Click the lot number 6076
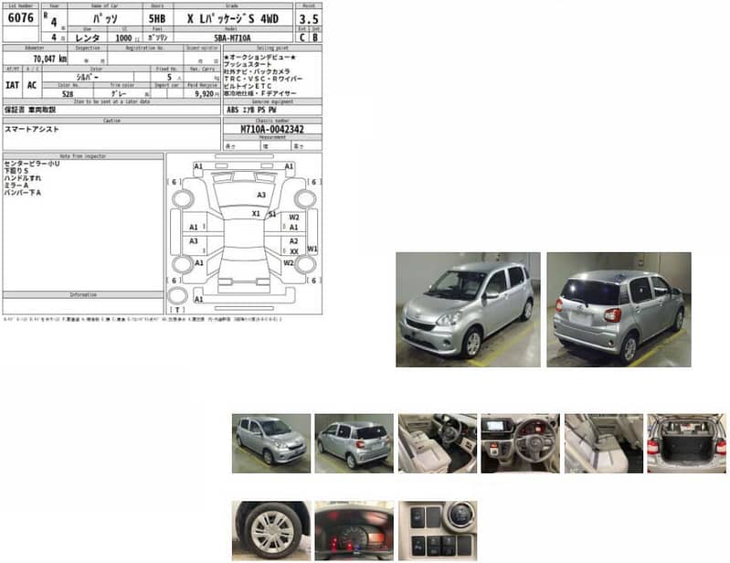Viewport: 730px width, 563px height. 19,17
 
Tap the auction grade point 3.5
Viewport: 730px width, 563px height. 309,17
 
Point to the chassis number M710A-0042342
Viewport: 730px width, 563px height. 272,130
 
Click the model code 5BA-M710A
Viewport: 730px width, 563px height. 233,37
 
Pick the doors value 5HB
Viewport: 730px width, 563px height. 156,17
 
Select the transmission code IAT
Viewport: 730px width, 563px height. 13,85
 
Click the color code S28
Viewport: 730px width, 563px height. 68,93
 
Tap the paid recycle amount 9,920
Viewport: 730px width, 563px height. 201,93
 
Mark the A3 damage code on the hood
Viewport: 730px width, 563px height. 261,195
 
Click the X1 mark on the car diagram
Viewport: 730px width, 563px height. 256,214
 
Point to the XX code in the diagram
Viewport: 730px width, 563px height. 294,250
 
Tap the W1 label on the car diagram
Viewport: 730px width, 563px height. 312,249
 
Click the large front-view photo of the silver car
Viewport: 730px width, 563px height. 468,310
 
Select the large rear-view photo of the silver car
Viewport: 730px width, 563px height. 619,310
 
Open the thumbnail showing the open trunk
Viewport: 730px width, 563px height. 686,443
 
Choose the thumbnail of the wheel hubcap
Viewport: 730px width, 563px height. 270,530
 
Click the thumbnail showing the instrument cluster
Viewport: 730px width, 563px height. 354,530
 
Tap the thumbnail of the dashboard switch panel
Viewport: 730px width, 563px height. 437,530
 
